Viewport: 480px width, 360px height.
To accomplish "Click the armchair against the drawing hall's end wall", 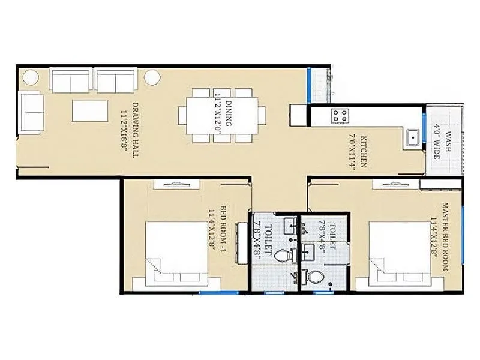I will pos(32,113).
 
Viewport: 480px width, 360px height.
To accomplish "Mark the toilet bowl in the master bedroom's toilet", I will pos(316,277).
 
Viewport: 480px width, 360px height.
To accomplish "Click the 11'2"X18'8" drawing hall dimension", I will pos(125,137).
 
